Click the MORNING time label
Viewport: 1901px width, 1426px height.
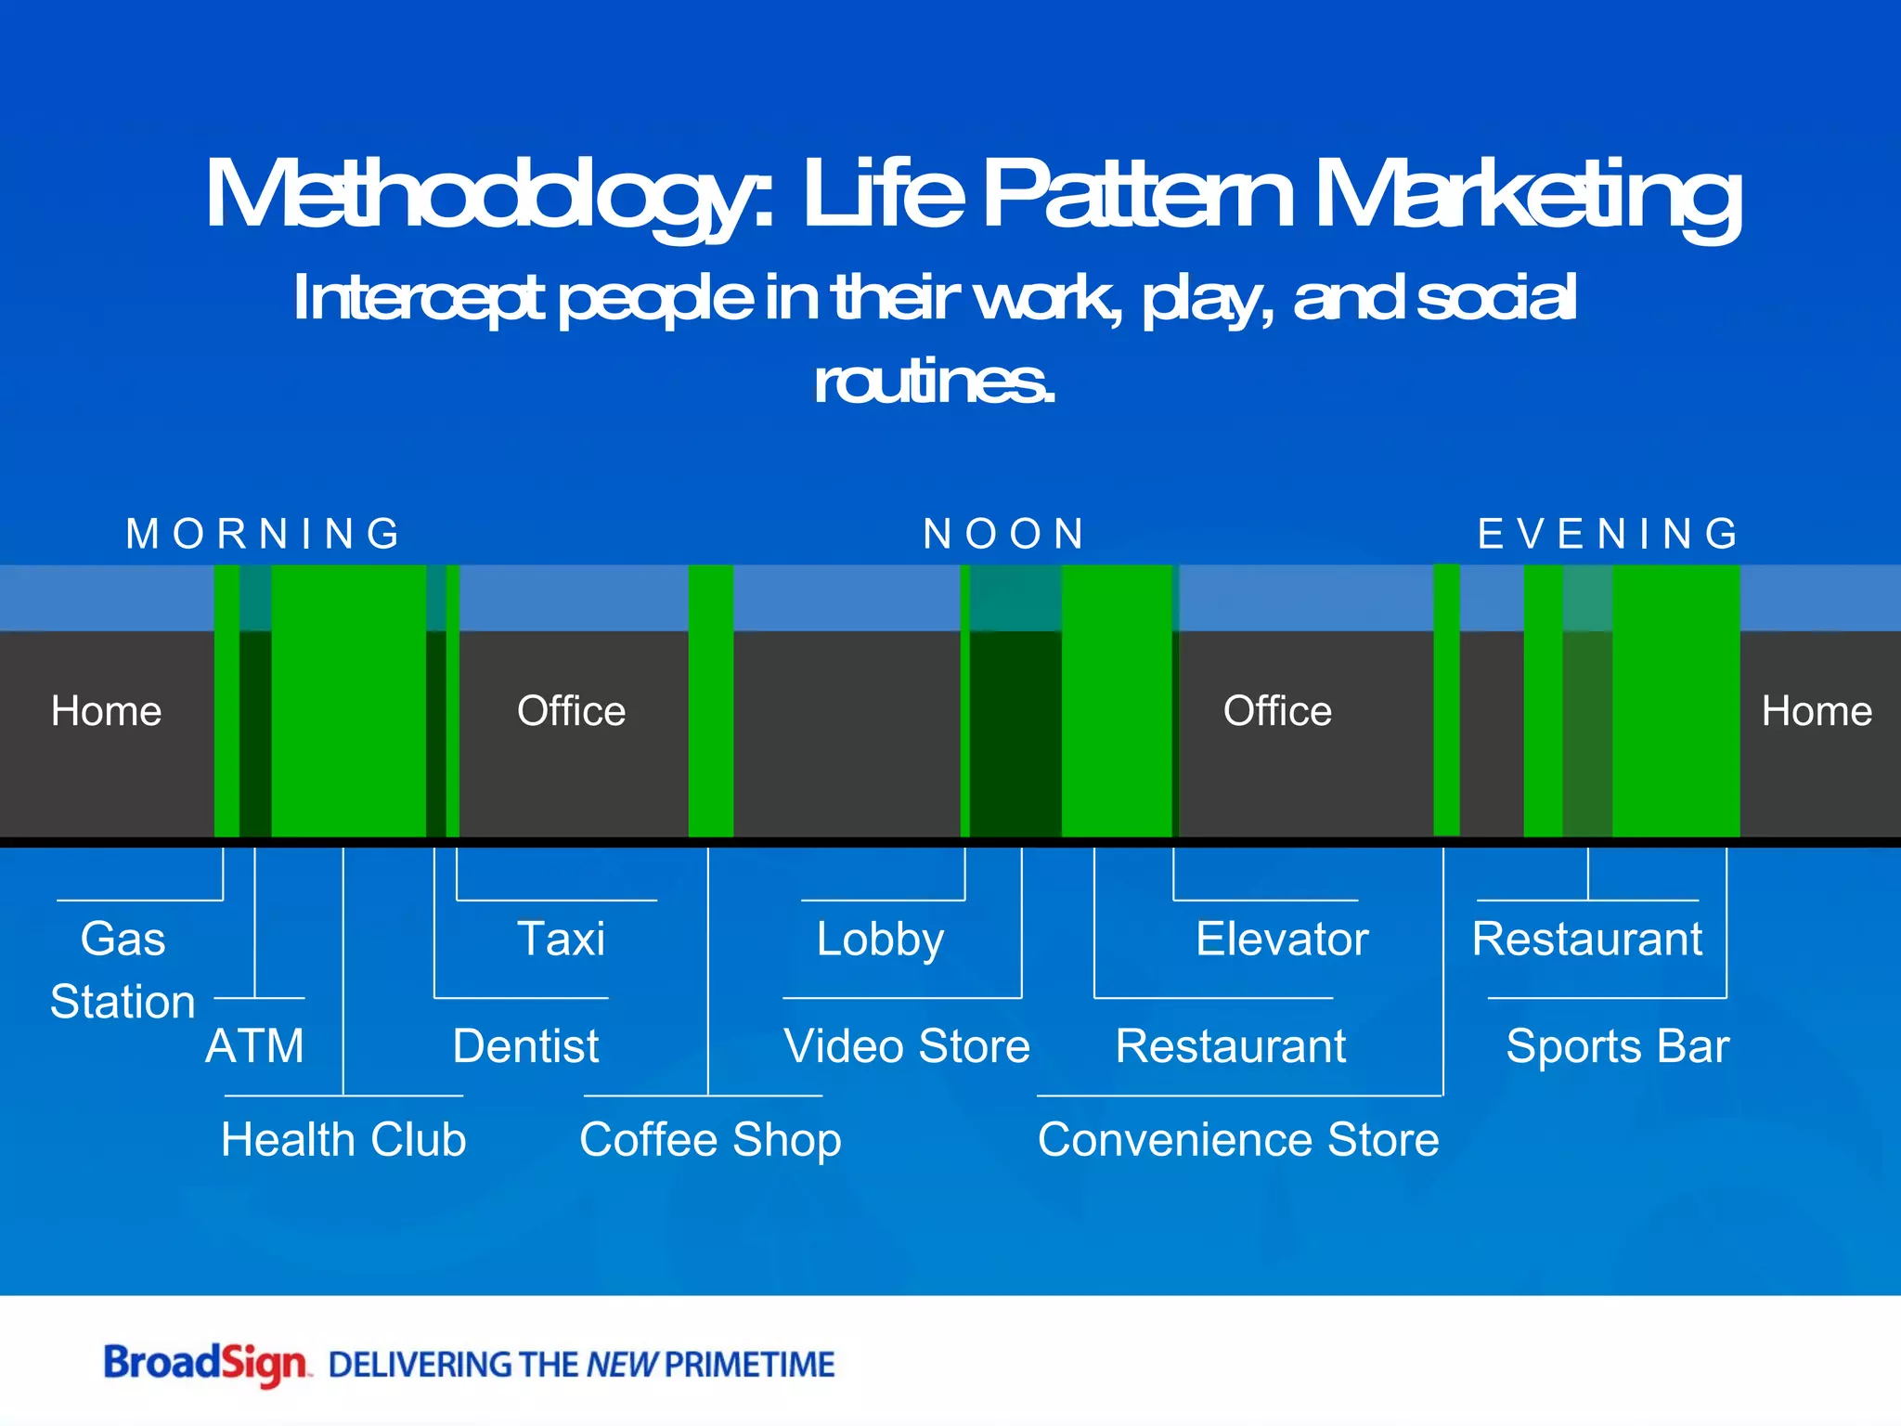click(264, 534)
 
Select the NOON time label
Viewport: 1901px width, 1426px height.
click(1004, 534)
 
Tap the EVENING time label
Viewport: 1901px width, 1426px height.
click(1609, 534)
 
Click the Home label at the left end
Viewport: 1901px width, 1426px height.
click(106, 711)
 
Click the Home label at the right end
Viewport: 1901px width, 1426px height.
click(1817, 711)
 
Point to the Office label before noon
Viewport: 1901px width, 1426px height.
click(571, 711)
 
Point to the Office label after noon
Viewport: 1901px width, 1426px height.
click(1277, 711)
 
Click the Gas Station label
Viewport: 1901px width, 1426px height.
click(123, 970)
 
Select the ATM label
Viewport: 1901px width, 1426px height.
click(254, 1046)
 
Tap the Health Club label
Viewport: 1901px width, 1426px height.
click(343, 1139)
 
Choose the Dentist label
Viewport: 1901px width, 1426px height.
click(525, 1046)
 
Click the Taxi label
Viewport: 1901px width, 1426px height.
click(561, 939)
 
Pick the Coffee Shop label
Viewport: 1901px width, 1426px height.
click(710, 1139)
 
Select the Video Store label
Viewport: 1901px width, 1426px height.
click(907, 1046)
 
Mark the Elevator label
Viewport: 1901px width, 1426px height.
click(1282, 939)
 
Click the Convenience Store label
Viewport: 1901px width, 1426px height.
click(1238, 1139)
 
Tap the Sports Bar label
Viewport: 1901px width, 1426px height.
click(1617, 1046)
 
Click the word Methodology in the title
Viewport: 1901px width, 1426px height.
click(488, 195)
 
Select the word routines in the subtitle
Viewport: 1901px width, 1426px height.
click(934, 382)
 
